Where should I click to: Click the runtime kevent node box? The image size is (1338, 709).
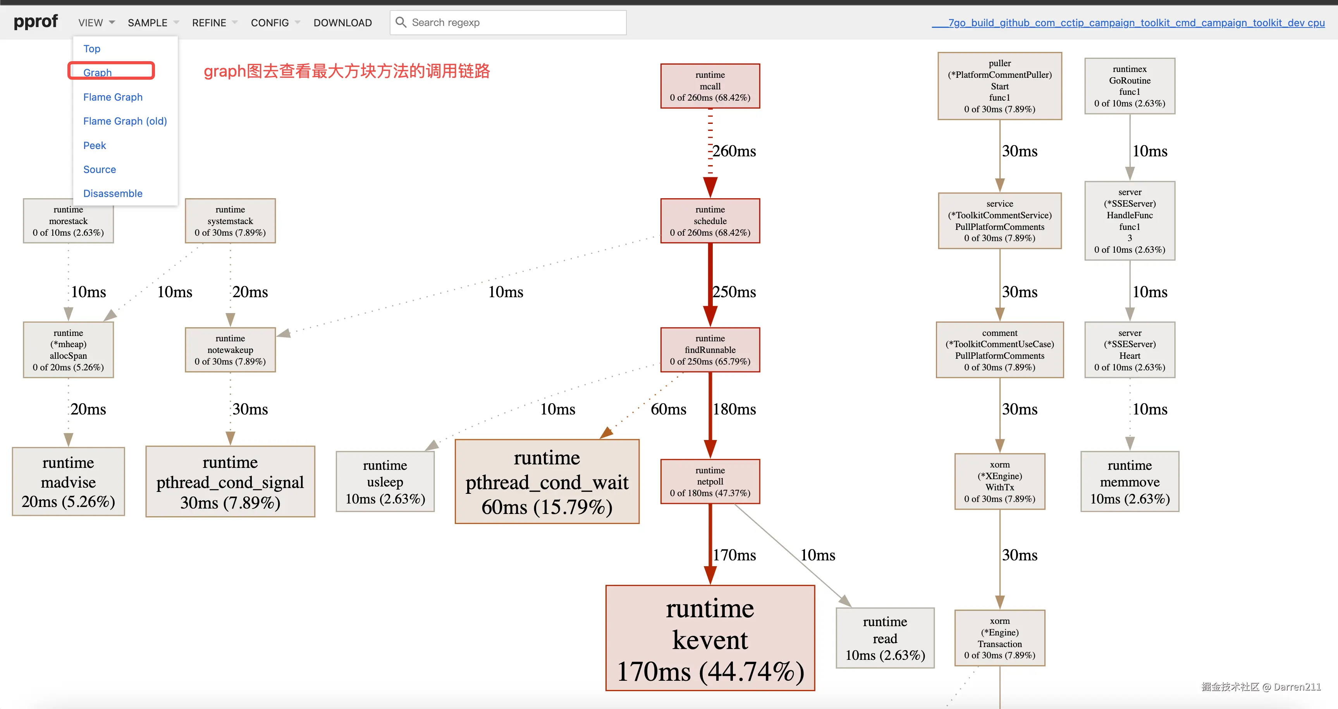point(710,638)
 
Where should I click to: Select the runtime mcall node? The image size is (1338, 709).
point(710,86)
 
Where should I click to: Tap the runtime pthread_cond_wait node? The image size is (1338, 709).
point(547,482)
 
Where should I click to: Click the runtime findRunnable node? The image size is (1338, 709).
point(710,350)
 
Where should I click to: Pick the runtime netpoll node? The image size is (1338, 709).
point(710,482)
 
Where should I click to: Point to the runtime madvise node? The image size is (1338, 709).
point(68,482)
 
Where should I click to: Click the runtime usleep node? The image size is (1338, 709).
point(385,482)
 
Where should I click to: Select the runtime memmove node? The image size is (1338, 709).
point(1130,482)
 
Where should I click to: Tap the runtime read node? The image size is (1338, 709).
point(885,638)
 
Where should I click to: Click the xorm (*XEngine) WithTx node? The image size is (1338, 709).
point(1000,482)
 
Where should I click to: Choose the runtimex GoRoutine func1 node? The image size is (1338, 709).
point(1130,86)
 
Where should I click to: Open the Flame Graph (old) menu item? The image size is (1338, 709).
point(125,121)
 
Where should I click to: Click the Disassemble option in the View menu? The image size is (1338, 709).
point(113,194)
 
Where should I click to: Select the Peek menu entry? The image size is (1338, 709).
point(95,146)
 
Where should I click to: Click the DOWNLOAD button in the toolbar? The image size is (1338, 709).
point(342,23)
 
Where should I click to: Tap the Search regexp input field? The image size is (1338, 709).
point(514,23)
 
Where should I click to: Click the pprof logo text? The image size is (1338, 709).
point(35,22)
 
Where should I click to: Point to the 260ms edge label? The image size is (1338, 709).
point(734,151)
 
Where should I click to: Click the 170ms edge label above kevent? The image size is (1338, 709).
point(734,555)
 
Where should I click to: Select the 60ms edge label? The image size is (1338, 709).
point(669,409)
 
